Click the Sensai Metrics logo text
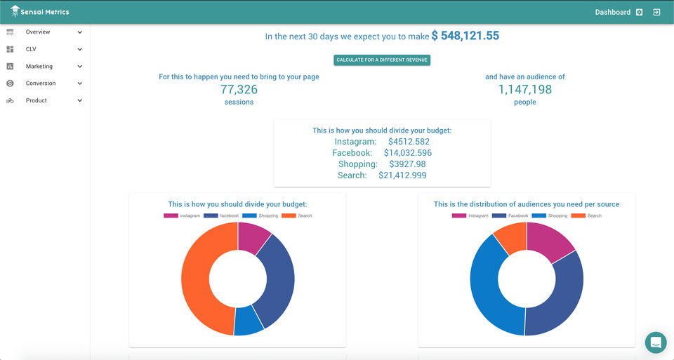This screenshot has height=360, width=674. pos(46,12)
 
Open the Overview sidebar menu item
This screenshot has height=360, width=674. pos(38,32)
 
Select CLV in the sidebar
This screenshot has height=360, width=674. pos(31,49)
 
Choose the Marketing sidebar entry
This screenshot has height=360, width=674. pos(39,67)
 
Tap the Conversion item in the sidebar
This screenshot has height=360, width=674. pos(41,84)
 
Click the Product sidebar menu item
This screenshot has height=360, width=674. pos(37,100)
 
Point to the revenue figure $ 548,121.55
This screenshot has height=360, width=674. pos(465,36)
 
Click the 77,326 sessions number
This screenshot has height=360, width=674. pos(239,90)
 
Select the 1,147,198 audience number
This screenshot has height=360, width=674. pos(524,90)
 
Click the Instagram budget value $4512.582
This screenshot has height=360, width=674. pos(409,142)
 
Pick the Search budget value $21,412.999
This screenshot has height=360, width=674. pos(402,175)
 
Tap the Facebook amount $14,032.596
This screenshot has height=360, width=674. pos(407,153)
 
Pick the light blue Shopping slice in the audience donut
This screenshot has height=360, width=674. pos(491,288)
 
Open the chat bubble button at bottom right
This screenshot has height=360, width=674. pos(656,342)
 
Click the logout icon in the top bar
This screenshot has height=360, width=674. pos(656,12)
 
